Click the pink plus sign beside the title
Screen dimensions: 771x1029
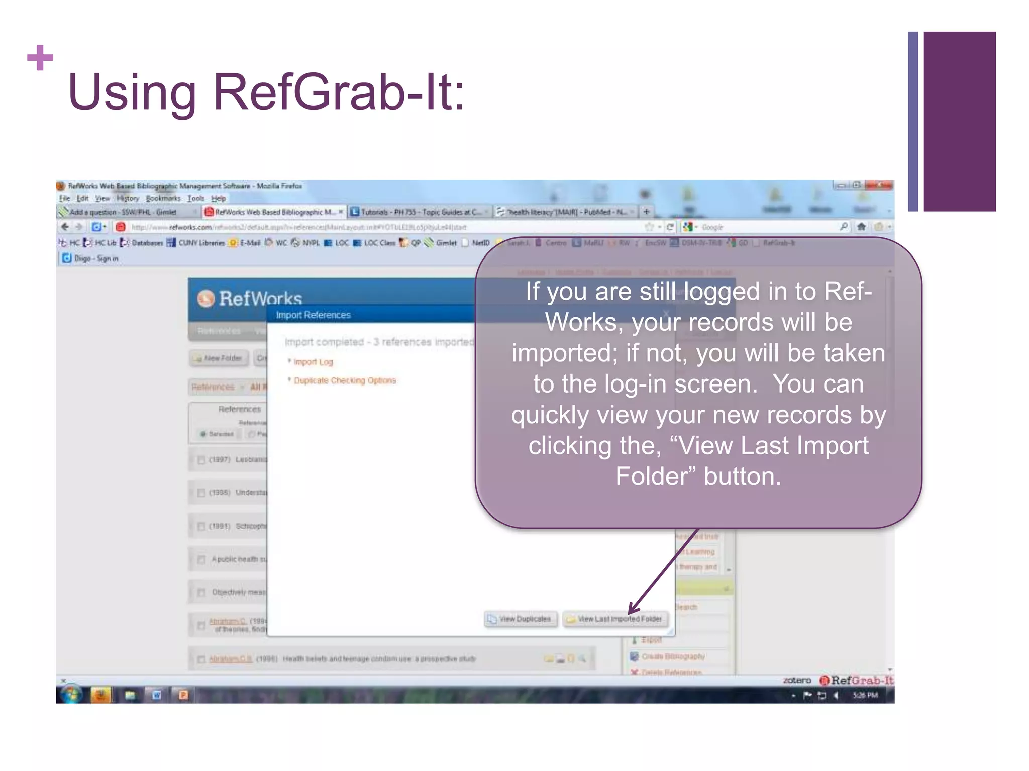(40, 58)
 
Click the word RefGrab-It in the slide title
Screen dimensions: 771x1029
(339, 93)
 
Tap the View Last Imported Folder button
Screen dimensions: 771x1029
(615, 619)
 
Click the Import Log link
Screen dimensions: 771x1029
(313, 362)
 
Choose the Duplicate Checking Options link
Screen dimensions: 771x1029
(345, 380)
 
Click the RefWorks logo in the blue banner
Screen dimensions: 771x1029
(250, 298)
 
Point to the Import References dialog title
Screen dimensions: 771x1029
(313, 315)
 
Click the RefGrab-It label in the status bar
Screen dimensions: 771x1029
(861, 681)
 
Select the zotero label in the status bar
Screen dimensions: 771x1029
(797, 681)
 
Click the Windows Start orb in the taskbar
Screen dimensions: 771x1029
(71, 695)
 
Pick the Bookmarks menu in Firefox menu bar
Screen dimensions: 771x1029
(163, 199)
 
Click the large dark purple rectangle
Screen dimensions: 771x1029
(959, 121)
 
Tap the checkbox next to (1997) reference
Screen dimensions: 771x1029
(201, 460)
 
